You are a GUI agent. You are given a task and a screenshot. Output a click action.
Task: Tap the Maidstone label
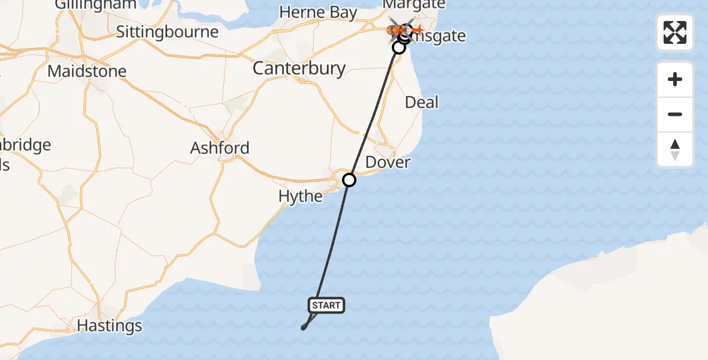(x=87, y=71)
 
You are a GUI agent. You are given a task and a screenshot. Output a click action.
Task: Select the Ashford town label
(x=220, y=148)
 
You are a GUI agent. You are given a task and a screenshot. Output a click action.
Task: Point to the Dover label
(x=388, y=163)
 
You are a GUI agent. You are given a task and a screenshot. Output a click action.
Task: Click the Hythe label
(x=301, y=196)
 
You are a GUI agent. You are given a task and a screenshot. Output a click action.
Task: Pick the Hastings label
(x=110, y=326)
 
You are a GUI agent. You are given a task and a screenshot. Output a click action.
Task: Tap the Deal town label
(x=422, y=102)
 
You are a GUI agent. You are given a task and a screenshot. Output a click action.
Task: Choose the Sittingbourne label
(x=167, y=32)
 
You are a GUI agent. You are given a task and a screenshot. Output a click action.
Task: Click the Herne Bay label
(x=318, y=13)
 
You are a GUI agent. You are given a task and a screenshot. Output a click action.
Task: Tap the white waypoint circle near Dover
(x=349, y=179)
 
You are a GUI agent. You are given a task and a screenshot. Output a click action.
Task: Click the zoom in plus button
(x=675, y=79)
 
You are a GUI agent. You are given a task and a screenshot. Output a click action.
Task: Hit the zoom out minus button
(x=675, y=115)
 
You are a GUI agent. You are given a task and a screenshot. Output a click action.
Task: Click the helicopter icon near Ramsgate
(x=396, y=28)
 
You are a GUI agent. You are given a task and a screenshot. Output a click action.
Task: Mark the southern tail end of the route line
(x=303, y=328)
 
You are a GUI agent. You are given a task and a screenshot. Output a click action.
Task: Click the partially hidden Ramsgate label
(x=441, y=37)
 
